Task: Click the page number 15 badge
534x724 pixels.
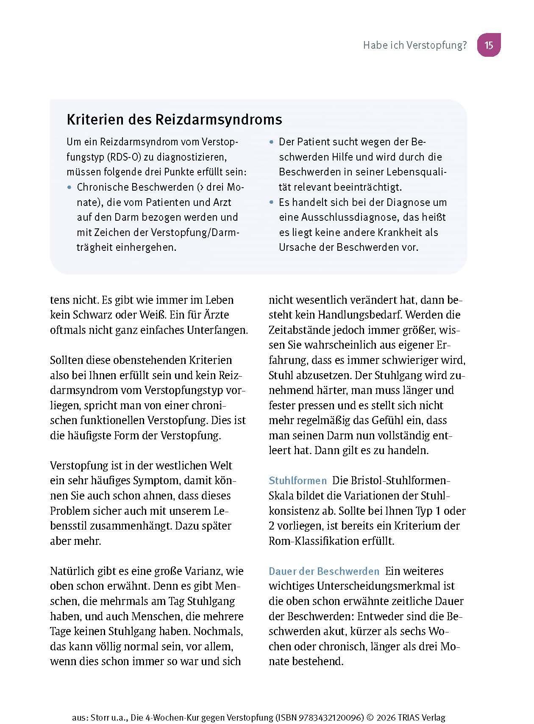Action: pos(489,45)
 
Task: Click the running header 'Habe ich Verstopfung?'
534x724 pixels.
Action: pos(414,45)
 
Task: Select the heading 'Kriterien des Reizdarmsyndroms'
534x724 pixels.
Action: pos(174,119)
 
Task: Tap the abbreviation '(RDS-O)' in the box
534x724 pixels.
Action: pos(124,157)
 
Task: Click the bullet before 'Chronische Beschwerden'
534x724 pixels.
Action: pos(70,187)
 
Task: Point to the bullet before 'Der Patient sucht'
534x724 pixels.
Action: pos(272,142)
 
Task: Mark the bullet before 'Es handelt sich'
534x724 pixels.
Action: pos(272,202)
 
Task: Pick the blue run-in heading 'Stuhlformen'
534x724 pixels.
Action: pos(298,481)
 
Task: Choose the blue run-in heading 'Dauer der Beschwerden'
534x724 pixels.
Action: pos(324,571)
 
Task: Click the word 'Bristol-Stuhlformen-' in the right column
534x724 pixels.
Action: pos(391,481)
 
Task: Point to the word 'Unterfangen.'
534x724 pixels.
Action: pos(217,330)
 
